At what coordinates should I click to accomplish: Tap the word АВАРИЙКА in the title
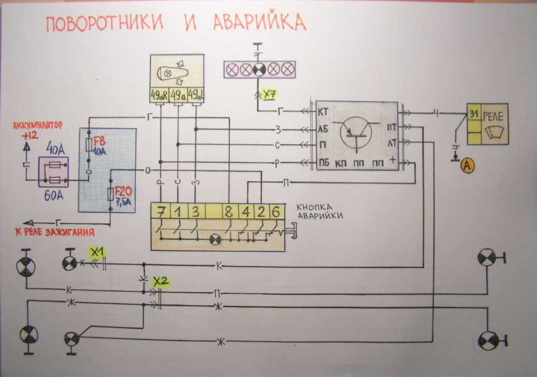pos(260,22)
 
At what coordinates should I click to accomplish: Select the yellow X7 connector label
pos(270,94)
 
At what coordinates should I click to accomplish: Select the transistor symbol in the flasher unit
pos(356,135)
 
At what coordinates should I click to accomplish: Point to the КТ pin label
pos(323,112)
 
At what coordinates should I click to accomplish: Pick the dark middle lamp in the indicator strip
pos(259,69)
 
